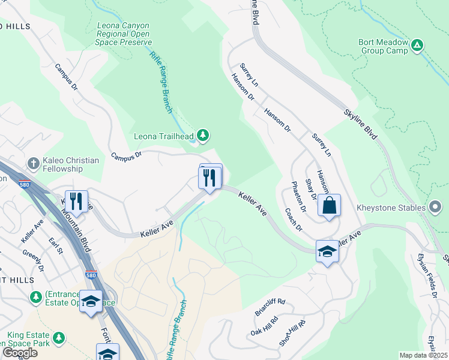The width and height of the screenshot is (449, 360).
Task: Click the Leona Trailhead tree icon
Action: (203, 136)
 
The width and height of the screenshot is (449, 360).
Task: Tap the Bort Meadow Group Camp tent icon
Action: (418, 45)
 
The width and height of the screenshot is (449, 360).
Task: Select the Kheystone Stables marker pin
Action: (436, 208)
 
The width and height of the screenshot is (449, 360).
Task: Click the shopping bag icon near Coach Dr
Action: (329, 205)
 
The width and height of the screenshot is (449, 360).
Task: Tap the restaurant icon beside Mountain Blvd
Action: (76, 200)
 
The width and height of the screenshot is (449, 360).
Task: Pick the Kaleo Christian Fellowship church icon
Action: (34, 163)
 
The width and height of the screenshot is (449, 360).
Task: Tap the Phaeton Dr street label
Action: (298, 197)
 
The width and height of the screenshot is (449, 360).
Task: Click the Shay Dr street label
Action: (310, 188)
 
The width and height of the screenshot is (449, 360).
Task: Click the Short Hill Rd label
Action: (292, 332)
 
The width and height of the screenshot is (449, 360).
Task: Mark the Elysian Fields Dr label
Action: (432, 277)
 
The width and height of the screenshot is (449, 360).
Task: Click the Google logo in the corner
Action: (20, 353)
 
